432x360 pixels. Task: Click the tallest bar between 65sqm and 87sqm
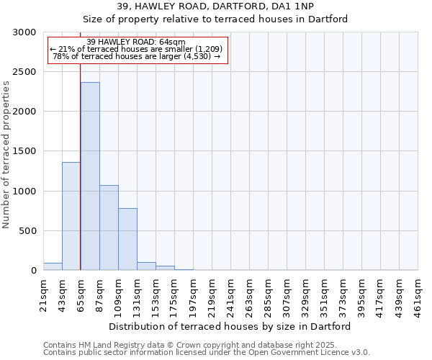click(x=90, y=176)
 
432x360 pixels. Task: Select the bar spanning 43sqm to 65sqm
click(x=71, y=216)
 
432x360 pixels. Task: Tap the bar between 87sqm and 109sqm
click(x=109, y=228)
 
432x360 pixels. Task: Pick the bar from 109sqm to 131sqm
click(x=127, y=239)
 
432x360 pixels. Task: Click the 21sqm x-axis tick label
click(x=44, y=294)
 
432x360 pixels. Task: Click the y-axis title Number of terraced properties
click(x=6, y=155)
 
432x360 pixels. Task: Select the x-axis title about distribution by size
click(x=230, y=326)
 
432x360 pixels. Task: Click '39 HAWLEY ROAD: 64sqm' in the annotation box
click(x=136, y=42)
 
